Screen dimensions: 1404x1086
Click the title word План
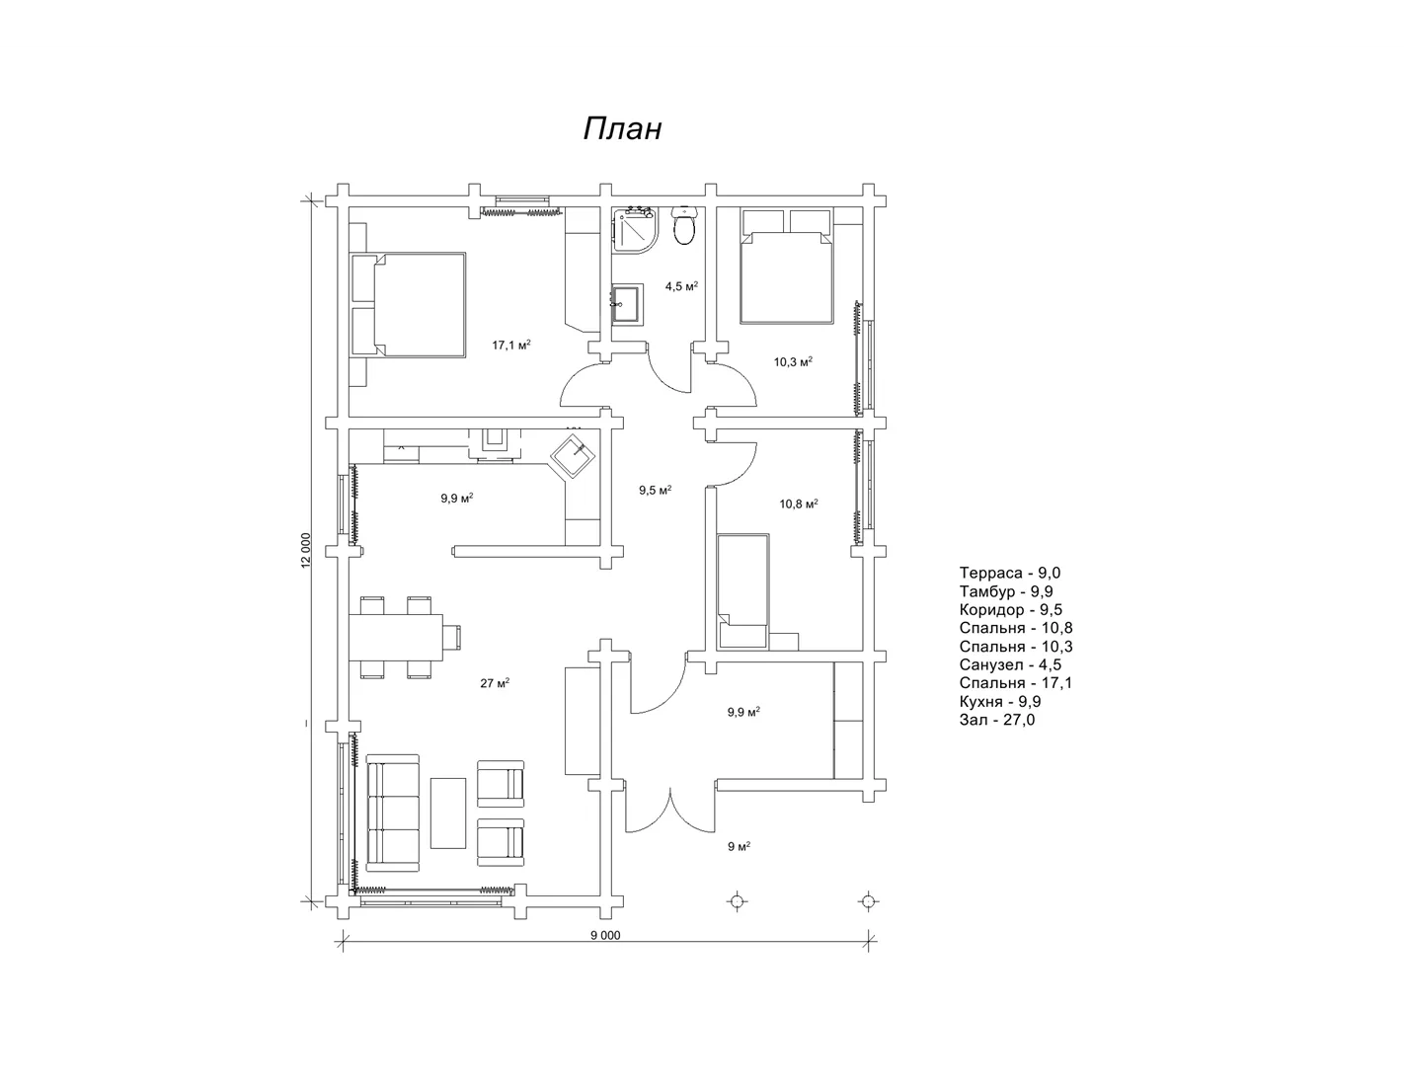point(622,129)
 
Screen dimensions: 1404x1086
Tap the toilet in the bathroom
point(683,224)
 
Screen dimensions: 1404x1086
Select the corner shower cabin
point(634,228)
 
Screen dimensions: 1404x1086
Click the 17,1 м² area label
point(511,345)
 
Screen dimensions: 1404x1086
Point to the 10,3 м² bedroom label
point(793,361)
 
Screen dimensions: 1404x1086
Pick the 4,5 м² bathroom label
point(681,286)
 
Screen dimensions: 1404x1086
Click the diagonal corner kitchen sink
point(573,456)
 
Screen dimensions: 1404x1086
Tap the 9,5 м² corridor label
point(656,491)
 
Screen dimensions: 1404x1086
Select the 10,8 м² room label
point(799,504)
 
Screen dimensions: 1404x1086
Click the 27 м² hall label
point(495,683)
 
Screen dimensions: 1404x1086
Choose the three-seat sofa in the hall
point(393,813)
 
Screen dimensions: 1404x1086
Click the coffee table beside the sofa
point(447,814)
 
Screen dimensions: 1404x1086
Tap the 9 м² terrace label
point(740,846)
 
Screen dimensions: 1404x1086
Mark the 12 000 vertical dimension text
point(306,551)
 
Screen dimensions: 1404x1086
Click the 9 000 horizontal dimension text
point(605,936)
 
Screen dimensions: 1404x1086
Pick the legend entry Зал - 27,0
point(997,720)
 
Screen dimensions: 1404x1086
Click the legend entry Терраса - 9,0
point(1010,573)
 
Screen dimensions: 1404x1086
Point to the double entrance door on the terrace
point(671,811)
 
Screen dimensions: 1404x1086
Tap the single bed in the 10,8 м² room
point(743,590)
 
